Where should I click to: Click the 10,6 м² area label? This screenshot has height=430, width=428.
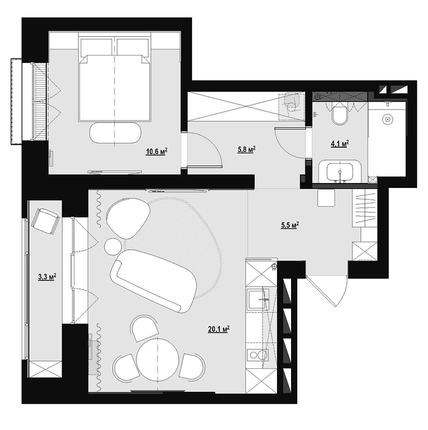157,151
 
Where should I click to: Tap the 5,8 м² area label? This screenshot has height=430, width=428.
246,150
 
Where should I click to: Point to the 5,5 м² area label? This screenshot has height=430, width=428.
290,225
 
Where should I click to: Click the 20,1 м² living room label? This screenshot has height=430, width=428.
219,329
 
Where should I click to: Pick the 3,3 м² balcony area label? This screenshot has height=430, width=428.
47,277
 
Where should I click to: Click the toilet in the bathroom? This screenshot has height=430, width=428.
340,114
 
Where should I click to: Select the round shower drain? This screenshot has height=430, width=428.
387,119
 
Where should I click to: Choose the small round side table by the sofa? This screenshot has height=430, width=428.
113,246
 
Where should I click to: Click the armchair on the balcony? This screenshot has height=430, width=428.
46,221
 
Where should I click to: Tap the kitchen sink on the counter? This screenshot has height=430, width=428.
258,299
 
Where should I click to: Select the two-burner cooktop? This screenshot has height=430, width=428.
258,356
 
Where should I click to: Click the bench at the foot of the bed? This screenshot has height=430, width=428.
115,133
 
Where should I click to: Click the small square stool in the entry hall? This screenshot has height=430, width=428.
326,198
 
